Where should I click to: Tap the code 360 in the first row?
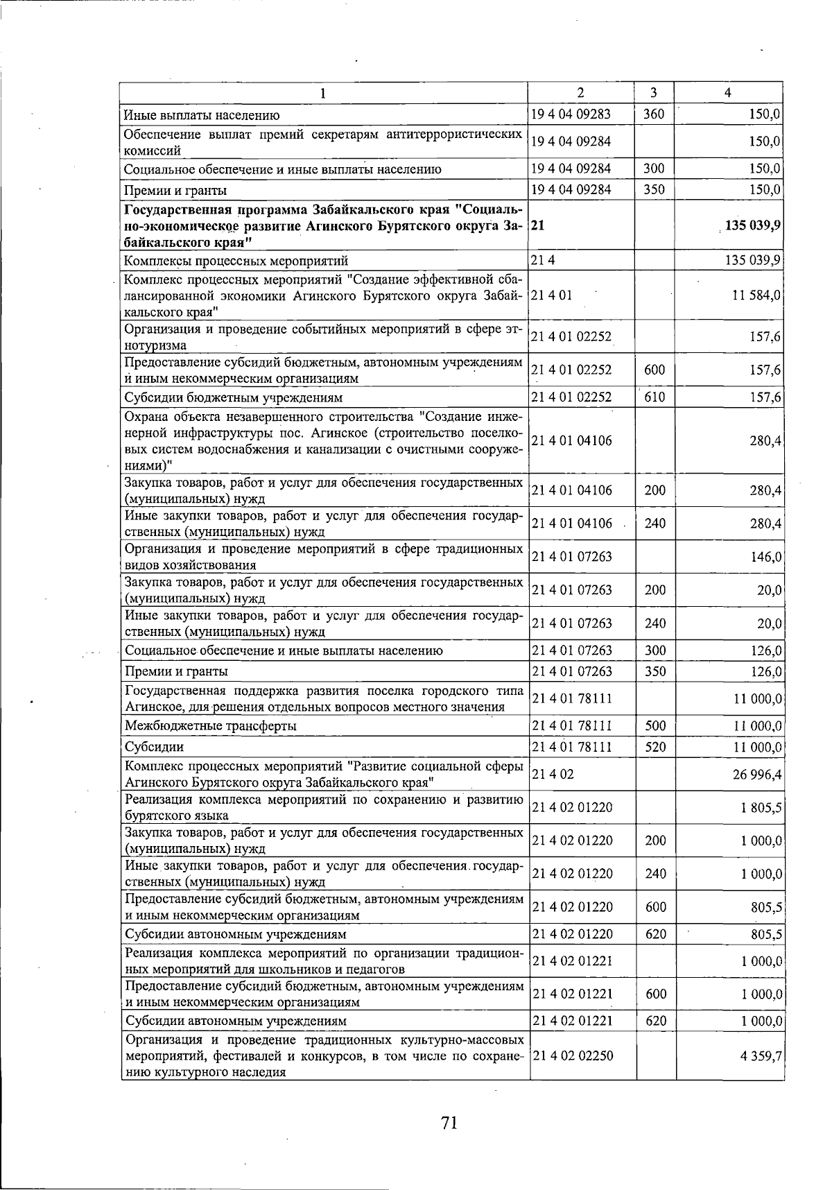[654, 114]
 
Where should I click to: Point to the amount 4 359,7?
[763, 1055]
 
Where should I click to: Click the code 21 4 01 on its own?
[552, 295]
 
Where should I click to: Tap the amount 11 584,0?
[757, 295]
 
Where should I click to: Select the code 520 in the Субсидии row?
[655, 747]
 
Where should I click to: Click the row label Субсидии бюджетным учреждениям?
[233, 398]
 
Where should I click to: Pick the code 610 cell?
[655, 397]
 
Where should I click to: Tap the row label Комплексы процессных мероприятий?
[236, 261]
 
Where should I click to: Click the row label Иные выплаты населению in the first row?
[202, 115]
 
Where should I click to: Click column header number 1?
[323, 93]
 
